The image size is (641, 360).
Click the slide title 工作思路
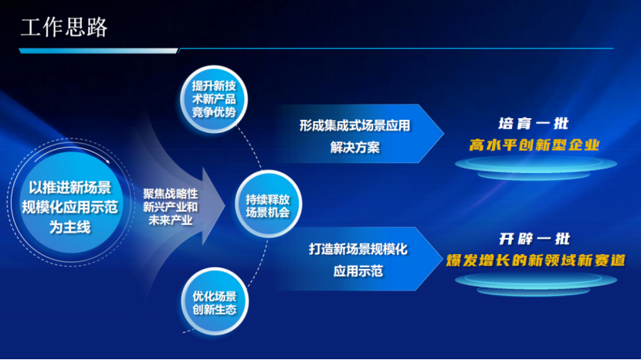pos(64,27)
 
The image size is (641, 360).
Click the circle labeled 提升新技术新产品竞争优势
pos(214,99)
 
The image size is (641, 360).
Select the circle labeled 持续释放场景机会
pos(268,204)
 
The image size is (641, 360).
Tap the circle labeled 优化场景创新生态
pos(215,301)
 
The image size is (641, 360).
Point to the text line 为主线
pos(70,226)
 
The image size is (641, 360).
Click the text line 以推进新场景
pos(70,188)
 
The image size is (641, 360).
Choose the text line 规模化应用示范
pos(70,207)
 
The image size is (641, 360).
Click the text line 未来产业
pos(170,220)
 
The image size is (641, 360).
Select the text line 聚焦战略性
pos(170,193)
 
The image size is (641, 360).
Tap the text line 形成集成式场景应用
pos(354,126)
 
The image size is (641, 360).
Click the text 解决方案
pos(354,148)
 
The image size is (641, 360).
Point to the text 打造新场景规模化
pos(358,249)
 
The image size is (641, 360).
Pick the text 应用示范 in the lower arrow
pos(358,271)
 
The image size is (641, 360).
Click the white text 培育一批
pos(534,124)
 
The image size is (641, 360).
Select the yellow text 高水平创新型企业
pos(534,144)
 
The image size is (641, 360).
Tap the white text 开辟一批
pos(534,239)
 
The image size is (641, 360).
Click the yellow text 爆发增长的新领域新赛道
pos(535,260)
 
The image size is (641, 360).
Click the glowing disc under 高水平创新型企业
pos(536,167)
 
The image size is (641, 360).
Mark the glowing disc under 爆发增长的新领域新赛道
pos(536,282)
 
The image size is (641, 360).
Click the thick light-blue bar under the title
pos(99,51)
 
